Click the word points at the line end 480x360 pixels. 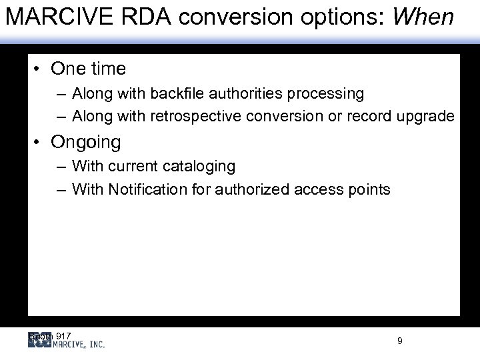click(x=369, y=189)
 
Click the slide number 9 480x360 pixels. click(x=399, y=341)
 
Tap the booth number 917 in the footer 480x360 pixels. click(x=64, y=335)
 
